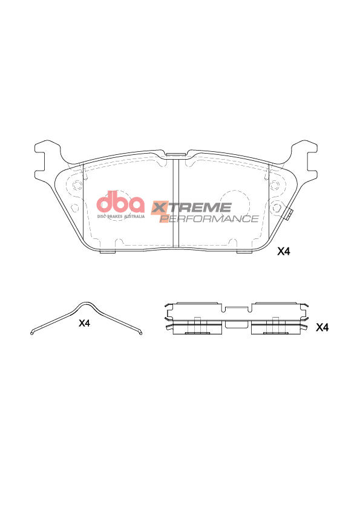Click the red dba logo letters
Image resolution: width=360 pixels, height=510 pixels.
121,202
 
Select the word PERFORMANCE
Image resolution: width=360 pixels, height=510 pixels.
209,219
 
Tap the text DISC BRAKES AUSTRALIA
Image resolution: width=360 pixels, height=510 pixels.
121,215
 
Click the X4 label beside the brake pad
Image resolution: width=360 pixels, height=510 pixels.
284,252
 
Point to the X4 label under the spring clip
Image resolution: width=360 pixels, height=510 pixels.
84,324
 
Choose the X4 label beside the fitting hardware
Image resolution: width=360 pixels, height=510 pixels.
322,327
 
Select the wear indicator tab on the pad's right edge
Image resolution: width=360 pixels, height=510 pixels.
290,214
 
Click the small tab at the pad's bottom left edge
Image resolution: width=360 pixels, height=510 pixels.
107,252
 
